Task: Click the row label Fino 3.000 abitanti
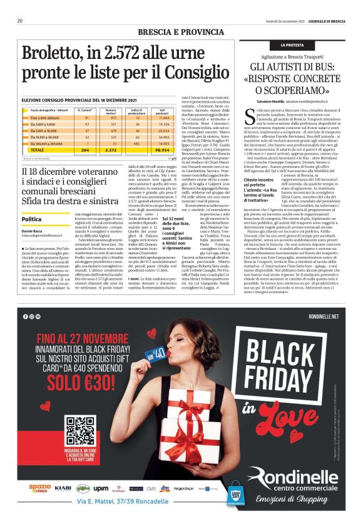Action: pos(44,117)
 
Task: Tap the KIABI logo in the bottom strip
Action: pos(63,487)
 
